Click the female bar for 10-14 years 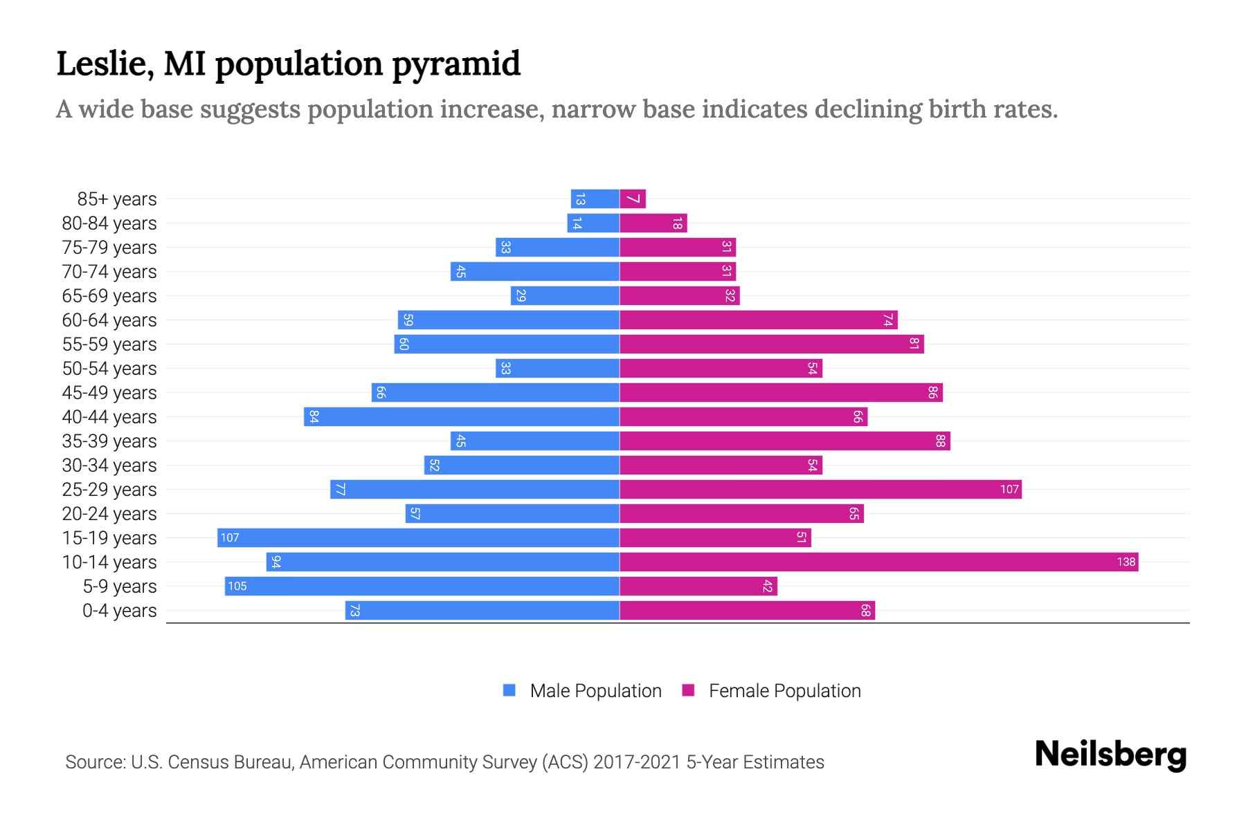(878, 562)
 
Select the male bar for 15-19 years (418, 538)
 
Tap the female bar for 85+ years (633, 199)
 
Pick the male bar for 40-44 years (461, 417)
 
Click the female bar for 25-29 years (820, 490)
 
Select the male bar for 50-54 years (557, 369)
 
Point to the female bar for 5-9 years (698, 587)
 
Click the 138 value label (1126, 562)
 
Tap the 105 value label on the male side (237, 587)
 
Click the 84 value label (314, 417)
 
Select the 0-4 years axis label (119, 611)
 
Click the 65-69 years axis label (109, 296)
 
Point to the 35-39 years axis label (109, 441)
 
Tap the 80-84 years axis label (109, 223)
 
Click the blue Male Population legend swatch (509, 690)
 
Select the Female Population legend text (784, 691)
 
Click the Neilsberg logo (1110, 755)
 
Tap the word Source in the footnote (95, 762)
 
